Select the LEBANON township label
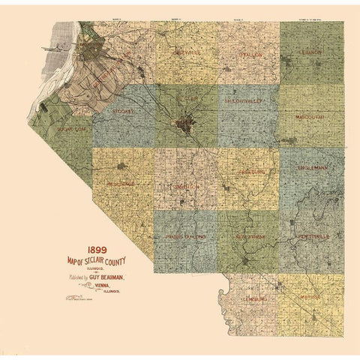[x=312, y=53]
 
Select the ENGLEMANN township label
[x=312, y=169]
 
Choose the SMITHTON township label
[x=184, y=187]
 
